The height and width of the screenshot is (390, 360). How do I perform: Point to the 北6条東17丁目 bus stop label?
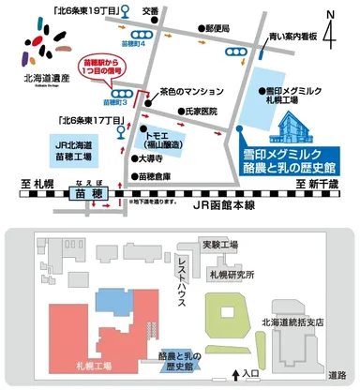[x=84, y=119]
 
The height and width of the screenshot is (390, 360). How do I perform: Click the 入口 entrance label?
[x=250, y=374]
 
